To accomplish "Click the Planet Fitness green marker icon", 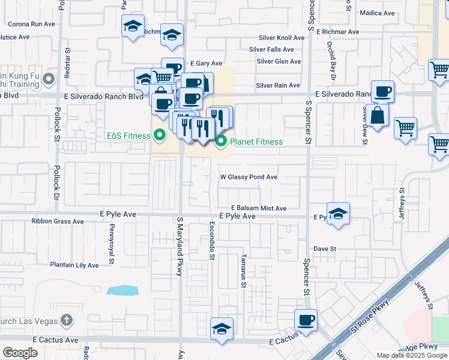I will (221, 142).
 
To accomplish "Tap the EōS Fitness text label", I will (128, 136).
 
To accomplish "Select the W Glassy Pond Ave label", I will (249, 177).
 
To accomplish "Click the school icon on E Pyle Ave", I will (338, 215).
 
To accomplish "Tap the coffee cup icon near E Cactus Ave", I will (306, 320).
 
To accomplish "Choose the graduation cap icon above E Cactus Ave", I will (221, 329).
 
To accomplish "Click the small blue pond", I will (122, 290).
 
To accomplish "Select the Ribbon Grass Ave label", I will (58, 221).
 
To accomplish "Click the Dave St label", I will (324, 248).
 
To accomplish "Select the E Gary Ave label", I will (206, 63).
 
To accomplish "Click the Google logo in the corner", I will (20, 353).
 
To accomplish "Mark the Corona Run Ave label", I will (31, 25).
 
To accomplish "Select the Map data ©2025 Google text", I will (411, 355).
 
